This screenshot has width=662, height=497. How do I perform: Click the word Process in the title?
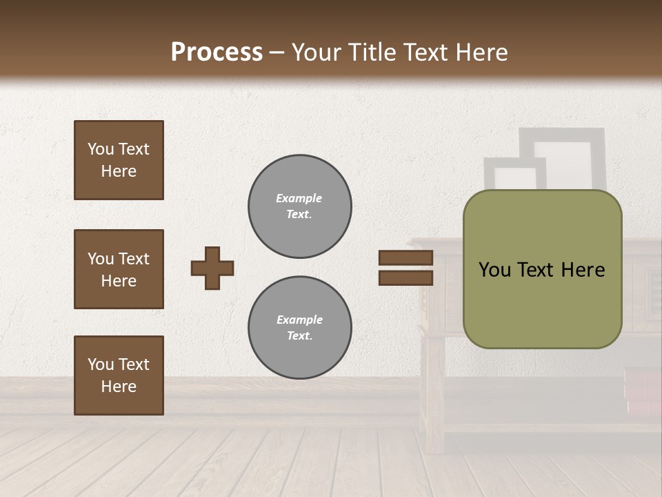[x=217, y=52]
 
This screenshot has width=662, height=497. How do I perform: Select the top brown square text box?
[x=119, y=160]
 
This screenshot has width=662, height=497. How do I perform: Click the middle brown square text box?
[x=119, y=269]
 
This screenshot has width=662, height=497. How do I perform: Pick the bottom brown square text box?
[x=119, y=376]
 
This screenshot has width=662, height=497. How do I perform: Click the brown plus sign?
[x=212, y=268]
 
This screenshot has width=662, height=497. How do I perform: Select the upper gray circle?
[x=300, y=206]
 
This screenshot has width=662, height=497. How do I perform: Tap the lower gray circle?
[x=300, y=328]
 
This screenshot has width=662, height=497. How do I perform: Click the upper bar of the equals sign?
[x=405, y=258]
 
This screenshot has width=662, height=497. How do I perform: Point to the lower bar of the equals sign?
[x=405, y=277]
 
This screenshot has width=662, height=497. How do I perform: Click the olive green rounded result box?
[x=542, y=304]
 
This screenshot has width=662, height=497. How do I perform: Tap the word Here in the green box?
[x=583, y=270]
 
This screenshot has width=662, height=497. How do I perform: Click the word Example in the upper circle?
[x=299, y=198]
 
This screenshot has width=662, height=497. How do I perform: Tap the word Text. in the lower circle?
[x=300, y=336]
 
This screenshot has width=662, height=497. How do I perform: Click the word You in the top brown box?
[x=101, y=149]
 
